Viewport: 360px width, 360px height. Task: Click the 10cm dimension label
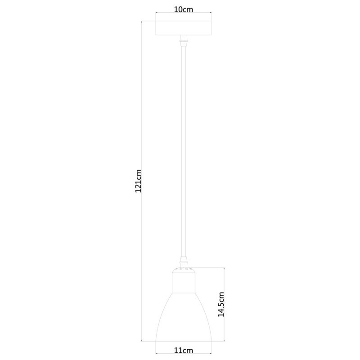tap(184, 10)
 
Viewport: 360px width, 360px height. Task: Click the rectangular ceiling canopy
tap(184, 28)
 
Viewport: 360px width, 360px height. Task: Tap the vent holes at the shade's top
tap(184, 269)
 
